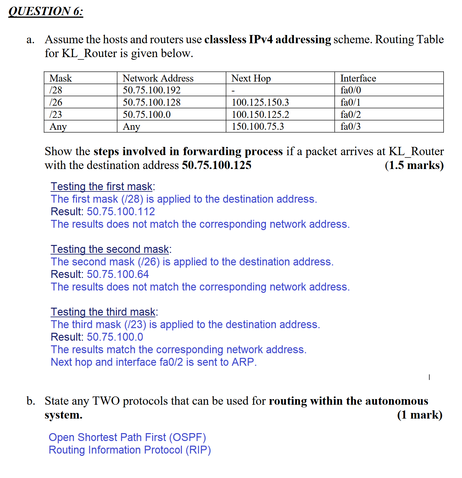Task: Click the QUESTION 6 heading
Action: [x=46, y=11]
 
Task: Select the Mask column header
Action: [x=61, y=78]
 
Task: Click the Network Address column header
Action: [x=158, y=78]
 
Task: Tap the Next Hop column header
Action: [x=251, y=78]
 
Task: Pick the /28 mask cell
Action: [x=56, y=90]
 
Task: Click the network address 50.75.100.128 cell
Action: [x=151, y=102]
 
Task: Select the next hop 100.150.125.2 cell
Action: [x=260, y=115]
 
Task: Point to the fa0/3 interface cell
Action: [x=350, y=126]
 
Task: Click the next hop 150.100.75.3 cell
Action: [x=258, y=126]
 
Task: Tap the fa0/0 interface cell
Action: [x=351, y=90]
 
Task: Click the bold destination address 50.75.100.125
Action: [x=216, y=165]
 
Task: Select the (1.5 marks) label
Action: [x=414, y=165]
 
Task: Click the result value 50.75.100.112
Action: [x=121, y=212]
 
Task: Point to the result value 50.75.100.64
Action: [x=118, y=274]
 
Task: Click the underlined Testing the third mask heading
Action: [x=103, y=312]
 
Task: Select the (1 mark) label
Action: [x=420, y=415]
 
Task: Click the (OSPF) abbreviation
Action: [x=187, y=437]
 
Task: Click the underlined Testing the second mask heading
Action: [x=110, y=249]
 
